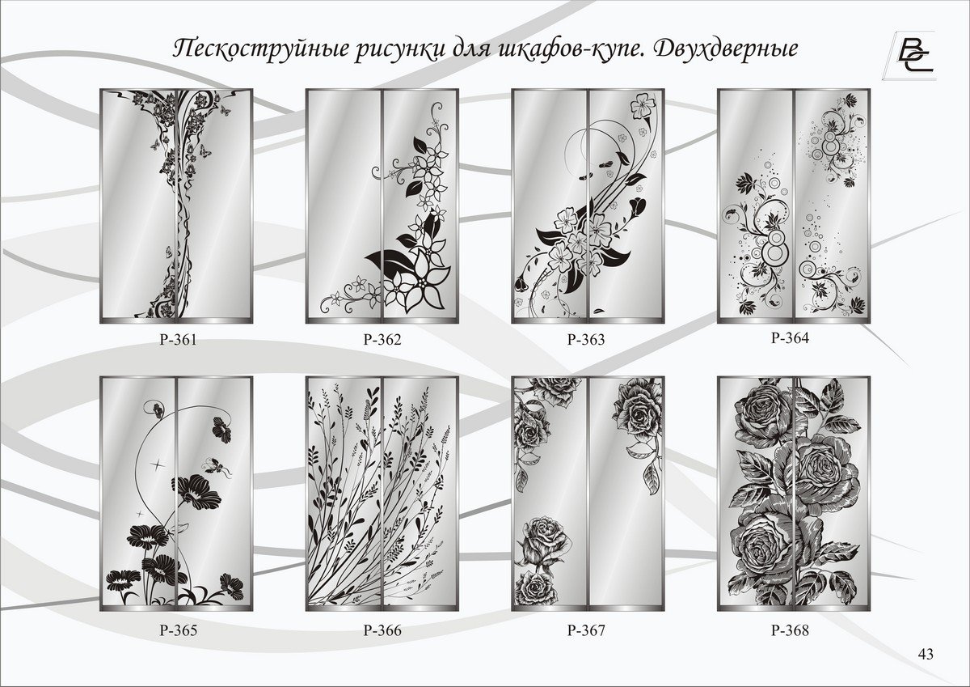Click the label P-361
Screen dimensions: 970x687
(x=179, y=339)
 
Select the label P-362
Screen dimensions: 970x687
(x=382, y=339)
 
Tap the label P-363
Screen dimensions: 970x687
(x=586, y=339)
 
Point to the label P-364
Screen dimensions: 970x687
(x=790, y=337)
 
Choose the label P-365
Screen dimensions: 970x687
(x=179, y=630)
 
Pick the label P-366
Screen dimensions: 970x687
(x=382, y=630)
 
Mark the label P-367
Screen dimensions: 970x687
(x=586, y=630)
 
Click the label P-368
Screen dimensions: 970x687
(x=790, y=630)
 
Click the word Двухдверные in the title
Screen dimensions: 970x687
(x=725, y=49)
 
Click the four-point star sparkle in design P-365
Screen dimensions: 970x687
(x=157, y=464)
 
